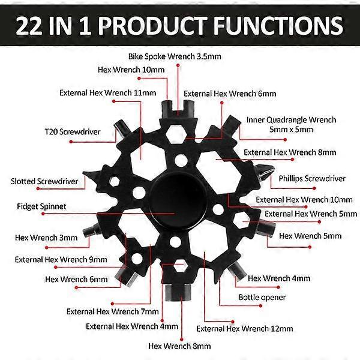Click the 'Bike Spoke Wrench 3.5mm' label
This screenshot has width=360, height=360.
point(175,56)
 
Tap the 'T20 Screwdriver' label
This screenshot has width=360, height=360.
point(73,132)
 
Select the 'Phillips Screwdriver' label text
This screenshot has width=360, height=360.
point(312,179)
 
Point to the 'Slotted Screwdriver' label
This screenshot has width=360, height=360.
point(44,181)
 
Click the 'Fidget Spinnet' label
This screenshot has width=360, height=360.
point(41,206)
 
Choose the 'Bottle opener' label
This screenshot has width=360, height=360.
point(262,298)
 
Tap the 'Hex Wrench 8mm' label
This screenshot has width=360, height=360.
point(179,346)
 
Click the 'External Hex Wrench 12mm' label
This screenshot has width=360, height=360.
point(245,329)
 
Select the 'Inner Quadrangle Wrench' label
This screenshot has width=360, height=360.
point(292,120)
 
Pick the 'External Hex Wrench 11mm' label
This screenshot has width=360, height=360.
point(107,93)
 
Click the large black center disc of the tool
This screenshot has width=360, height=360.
point(178,200)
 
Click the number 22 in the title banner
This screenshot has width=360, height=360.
point(29,26)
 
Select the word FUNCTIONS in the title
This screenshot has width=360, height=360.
point(278,25)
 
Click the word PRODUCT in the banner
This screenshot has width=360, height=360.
point(152,25)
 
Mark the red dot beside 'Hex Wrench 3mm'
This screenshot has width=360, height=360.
point(47,247)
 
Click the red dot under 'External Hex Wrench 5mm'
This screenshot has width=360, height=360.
point(319,222)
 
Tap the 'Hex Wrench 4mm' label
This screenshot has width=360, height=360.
point(279,278)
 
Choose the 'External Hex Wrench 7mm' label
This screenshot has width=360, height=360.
point(113,311)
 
